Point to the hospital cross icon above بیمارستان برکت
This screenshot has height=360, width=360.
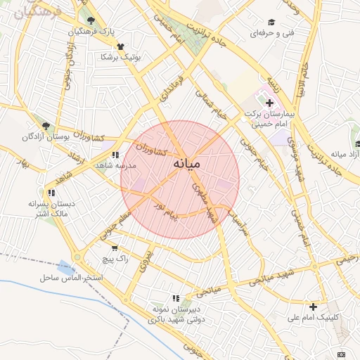point(269,103)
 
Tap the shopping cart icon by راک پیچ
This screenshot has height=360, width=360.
point(115,247)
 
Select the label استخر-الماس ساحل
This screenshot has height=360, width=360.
point(72,279)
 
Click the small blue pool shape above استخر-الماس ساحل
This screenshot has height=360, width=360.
point(66,267)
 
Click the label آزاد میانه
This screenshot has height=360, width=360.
point(345,153)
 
